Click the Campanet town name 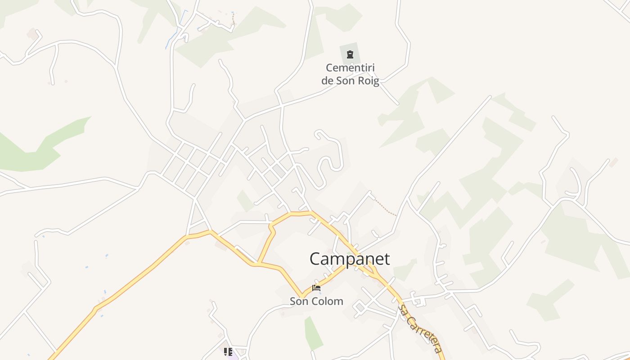[349, 259]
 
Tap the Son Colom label [316, 301]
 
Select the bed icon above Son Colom [316, 288]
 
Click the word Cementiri [350, 68]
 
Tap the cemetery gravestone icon [350, 55]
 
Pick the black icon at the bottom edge [228, 351]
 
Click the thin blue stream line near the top [175, 31]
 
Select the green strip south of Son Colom [313, 333]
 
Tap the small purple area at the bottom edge [232, 357]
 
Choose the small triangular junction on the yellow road [372, 271]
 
